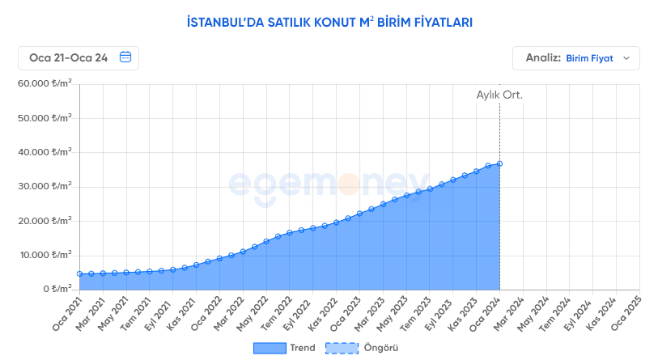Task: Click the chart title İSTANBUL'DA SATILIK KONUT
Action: [329, 22]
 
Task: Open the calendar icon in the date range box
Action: [125, 57]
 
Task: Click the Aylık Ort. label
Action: [499, 95]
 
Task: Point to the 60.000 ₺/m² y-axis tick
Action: [45, 83]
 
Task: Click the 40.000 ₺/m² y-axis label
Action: [45, 152]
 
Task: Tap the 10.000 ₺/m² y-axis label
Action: [45, 255]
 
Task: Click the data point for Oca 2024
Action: [499, 163]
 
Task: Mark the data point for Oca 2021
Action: [79, 274]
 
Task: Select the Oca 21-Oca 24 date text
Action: [68, 57]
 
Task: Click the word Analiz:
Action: [543, 58]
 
